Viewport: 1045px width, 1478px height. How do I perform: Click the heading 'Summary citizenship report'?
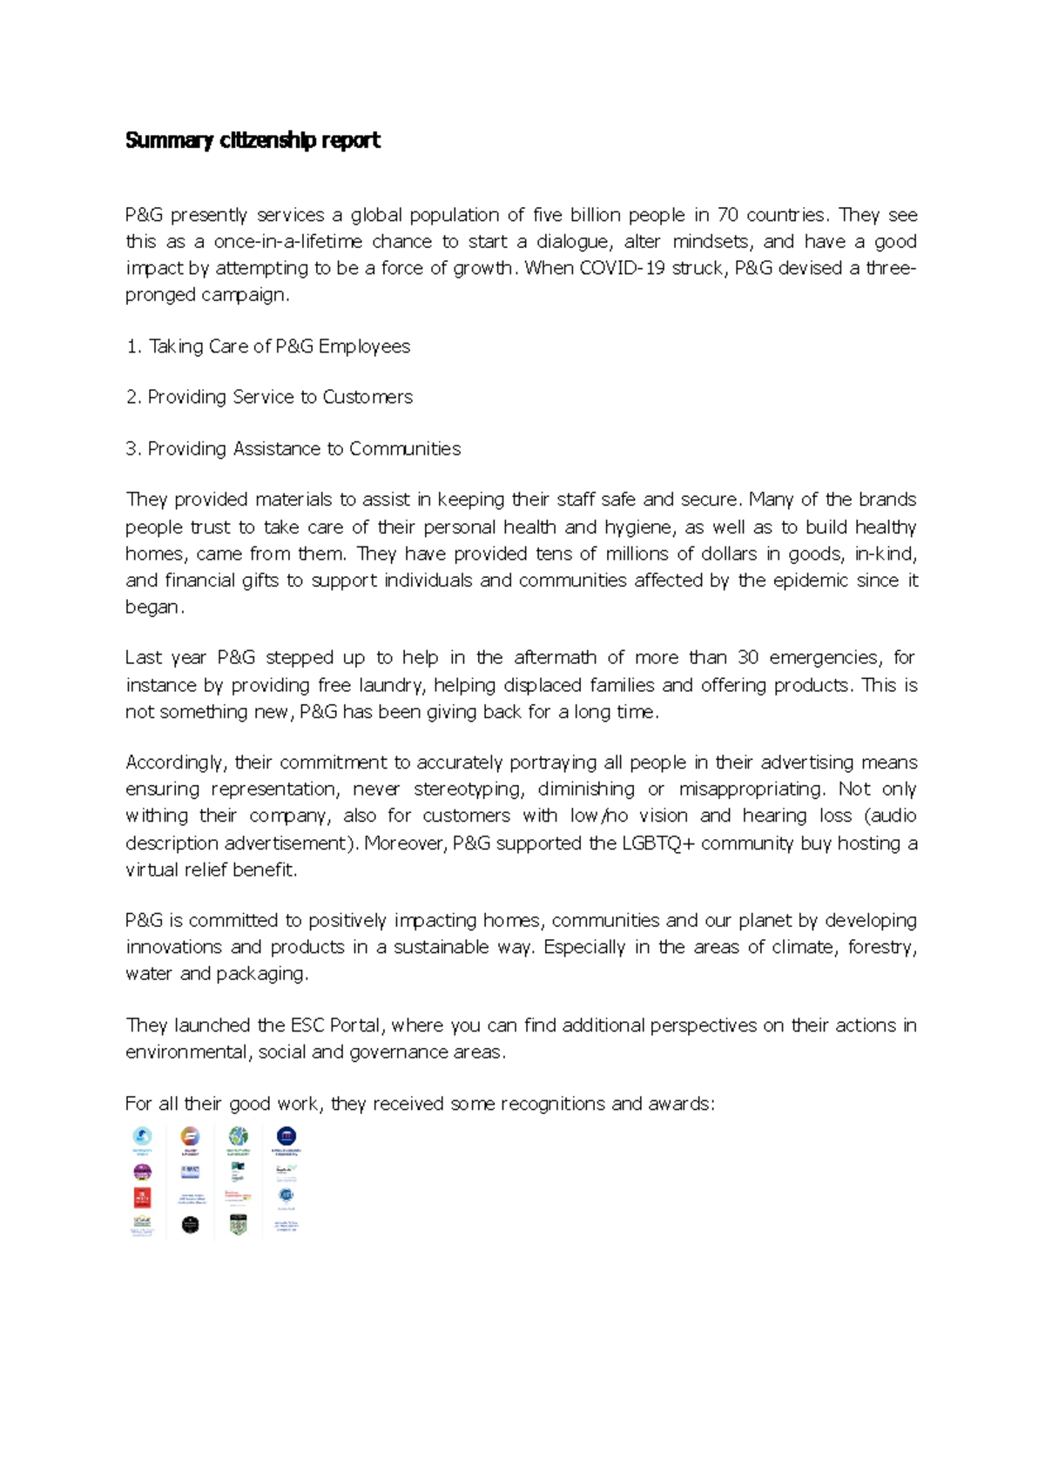(x=253, y=140)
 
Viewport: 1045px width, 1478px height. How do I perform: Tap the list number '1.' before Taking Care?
(x=133, y=346)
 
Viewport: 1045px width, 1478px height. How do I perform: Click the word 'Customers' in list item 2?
(x=367, y=397)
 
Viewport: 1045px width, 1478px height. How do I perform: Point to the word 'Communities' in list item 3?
(x=405, y=449)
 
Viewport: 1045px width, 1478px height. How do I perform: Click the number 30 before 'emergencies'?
(x=747, y=657)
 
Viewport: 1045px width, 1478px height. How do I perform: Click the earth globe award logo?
(x=239, y=1136)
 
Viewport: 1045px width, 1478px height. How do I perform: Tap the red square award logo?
(x=142, y=1198)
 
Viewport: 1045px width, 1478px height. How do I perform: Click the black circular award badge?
(x=191, y=1225)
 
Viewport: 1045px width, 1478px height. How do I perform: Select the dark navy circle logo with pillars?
(x=287, y=1136)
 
